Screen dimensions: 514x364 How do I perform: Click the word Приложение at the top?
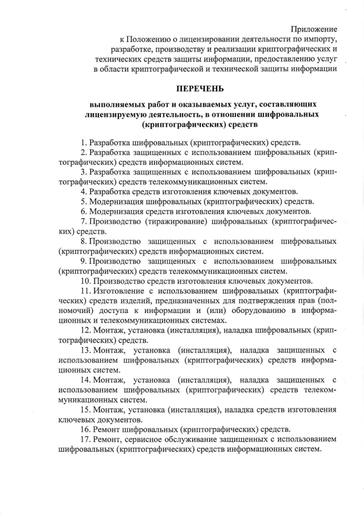click(x=314, y=28)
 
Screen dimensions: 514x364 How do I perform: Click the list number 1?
click(x=84, y=142)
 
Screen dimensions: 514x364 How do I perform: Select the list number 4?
click(x=84, y=191)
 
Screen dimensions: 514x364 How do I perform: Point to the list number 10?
click(x=85, y=281)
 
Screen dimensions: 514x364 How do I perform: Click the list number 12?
click(x=85, y=331)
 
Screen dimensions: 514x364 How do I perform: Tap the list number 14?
click(x=85, y=379)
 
